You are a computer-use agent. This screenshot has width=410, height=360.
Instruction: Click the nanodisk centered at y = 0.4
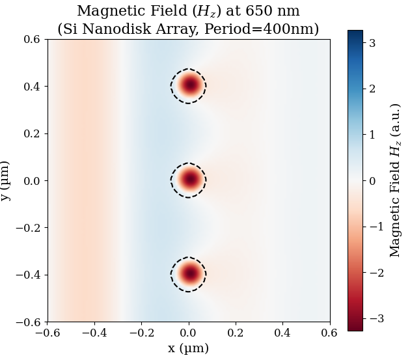(189, 86)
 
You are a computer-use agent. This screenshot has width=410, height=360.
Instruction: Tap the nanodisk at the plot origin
(189, 180)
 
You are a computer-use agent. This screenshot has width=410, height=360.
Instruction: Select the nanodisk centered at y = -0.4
(189, 274)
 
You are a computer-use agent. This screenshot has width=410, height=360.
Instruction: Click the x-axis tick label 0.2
(236, 333)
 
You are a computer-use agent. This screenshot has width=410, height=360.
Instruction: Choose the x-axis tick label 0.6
(330, 333)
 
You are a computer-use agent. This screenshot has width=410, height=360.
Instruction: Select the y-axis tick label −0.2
(28, 228)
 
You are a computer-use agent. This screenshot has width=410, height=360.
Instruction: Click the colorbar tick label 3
(372, 42)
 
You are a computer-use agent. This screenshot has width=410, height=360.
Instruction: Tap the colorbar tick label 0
(372, 180)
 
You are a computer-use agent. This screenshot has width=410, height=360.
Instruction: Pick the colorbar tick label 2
(372, 89)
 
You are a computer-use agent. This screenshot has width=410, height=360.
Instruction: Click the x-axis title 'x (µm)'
(189, 348)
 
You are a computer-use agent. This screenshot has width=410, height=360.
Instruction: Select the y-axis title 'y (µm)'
(7, 180)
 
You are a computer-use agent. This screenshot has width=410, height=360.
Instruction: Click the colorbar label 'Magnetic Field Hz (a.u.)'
(394, 180)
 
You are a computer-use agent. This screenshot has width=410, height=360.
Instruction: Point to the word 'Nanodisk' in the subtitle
(137, 29)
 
